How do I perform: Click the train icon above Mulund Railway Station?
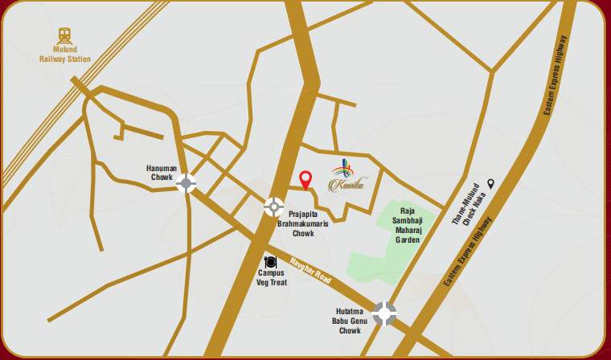coord(64,36)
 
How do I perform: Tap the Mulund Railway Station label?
coord(65,55)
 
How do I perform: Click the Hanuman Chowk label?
coord(162,173)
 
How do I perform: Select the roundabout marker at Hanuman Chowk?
coord(187,182)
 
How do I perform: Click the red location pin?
coord(305,180)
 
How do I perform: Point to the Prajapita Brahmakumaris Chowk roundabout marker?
coord(274,207)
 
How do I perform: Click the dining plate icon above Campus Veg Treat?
coord(271,262)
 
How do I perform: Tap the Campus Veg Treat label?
coord(272,277)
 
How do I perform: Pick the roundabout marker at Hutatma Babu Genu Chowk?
coord(384,313)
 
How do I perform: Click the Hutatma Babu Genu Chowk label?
coord(351,321)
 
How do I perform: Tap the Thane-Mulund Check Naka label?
coord(473,203)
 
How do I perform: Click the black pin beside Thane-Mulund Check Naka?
coord(490,184)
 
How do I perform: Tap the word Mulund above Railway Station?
coord(65,50)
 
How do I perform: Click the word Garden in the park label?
coord(408,239)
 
